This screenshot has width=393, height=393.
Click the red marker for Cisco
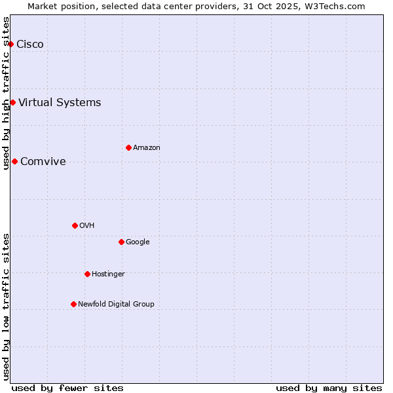[11, 44]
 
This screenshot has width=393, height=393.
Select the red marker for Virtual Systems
[12, 102]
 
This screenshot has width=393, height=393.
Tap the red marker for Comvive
[14, 161]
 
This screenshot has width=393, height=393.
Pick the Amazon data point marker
[128, 147]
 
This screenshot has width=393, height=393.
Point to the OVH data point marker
[75, 225]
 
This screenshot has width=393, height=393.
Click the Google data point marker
[121, 242]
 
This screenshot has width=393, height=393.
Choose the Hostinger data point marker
[87, 274]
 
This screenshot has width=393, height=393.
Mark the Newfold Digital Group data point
[73, 304]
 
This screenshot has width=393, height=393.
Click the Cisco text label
[30, 45]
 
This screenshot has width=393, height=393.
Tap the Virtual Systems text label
[60, 103]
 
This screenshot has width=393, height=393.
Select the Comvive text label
[43, 162]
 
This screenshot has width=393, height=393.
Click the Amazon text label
[147, 148]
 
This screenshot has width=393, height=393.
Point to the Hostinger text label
[108, 274]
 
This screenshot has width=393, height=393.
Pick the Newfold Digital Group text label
[116, 305]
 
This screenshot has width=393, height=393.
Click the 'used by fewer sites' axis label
[67, 388]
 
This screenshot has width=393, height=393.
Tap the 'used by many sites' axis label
[329, 388]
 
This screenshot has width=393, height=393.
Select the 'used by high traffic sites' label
[7, 93]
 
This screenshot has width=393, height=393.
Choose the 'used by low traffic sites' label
[7, 306]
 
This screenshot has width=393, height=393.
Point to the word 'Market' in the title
[43, 7]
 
